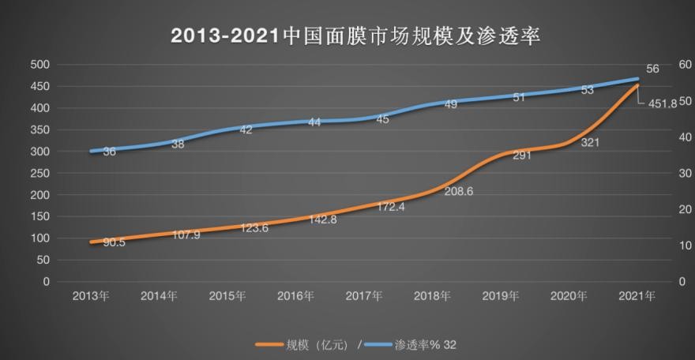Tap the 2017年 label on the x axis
tap(365, 296)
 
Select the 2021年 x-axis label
tap(638, 296)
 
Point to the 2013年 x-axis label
tap(91, 296)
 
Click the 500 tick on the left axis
tap(39, 65)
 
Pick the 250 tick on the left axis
tap(39, 173)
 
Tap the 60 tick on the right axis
tap(685, 65)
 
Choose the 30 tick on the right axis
tap(685, 173)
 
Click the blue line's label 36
tap(110, 151)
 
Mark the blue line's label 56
tap(652, 69)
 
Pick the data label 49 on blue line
tap(451, 104)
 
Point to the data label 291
tap(520, 156)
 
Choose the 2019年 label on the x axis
tap(502, 296)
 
